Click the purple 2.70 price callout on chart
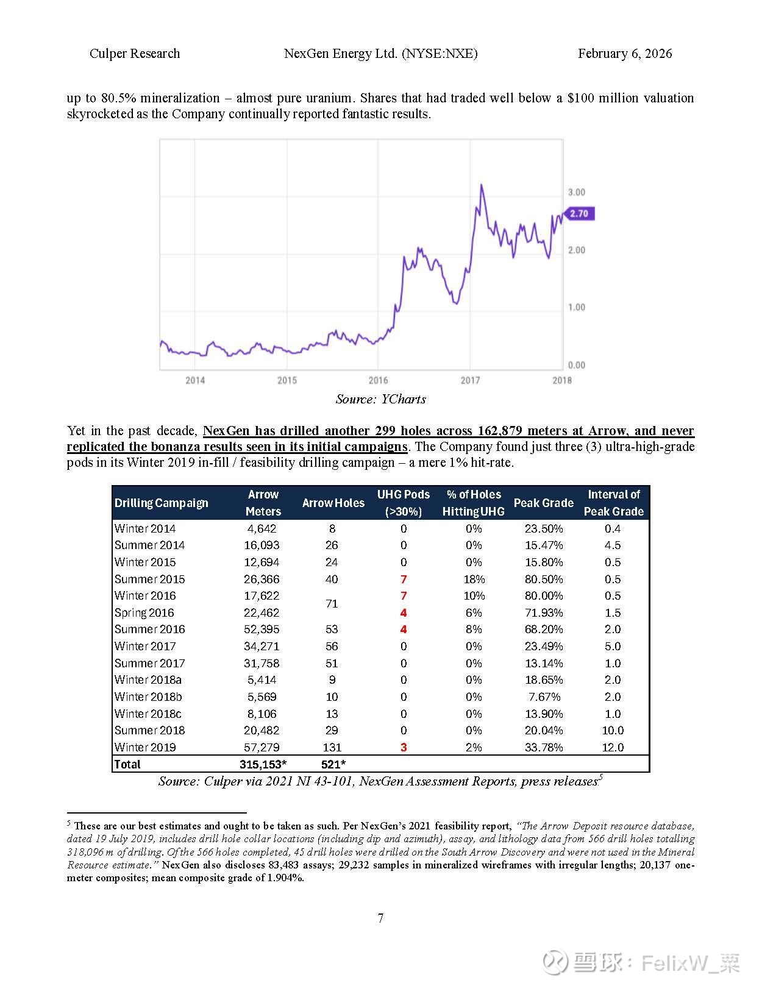[579, 214]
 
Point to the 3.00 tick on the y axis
[576, 192]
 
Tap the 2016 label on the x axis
[378, 380]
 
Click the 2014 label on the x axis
[195, 380]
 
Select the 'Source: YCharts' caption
[380, 399]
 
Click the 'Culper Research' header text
[135, 54]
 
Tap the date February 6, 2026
[625, 54]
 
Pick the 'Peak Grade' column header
[543, 503]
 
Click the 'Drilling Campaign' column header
[162, 503]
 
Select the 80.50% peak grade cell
[544, 579]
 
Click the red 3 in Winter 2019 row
[404, 747]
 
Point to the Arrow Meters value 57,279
[262, 747]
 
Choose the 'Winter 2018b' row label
[148, 697]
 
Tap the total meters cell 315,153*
[263, 764]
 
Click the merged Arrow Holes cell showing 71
[332, 604]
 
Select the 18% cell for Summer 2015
[474, 579]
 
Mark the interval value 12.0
[613, 747]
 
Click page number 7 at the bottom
[380, 918]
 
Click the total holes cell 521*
[333, 764]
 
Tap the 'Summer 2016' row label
[150, 629]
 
